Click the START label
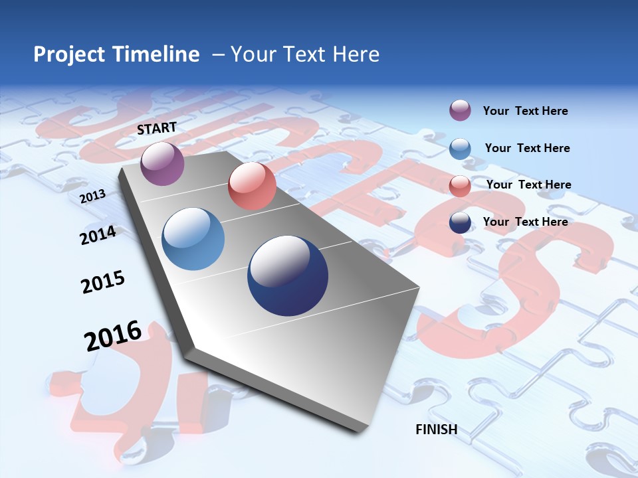[x=157, y=128]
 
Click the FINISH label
[x=437, y=430]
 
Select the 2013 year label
[x=92, y=197]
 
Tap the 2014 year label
[x=98, y=235]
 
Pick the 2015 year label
[x=103, y=282]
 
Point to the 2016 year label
[x=113, y=335]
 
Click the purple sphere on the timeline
[x=162, y=163]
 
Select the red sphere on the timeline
[x=252, y=186]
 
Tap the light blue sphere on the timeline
[x=193, y=239]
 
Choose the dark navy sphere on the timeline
[x=288, y=276]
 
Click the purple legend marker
[x=460, y=111]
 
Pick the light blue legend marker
[x=460, y=148]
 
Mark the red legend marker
[x=460, y=185]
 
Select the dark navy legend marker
[x=460, y=222]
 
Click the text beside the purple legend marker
[x=525, y=111]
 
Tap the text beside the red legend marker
[x=528, y=185]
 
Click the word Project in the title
[x=68, y=54]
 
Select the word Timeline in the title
[x=157, y=54]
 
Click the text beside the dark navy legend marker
[x=525, y=222]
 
